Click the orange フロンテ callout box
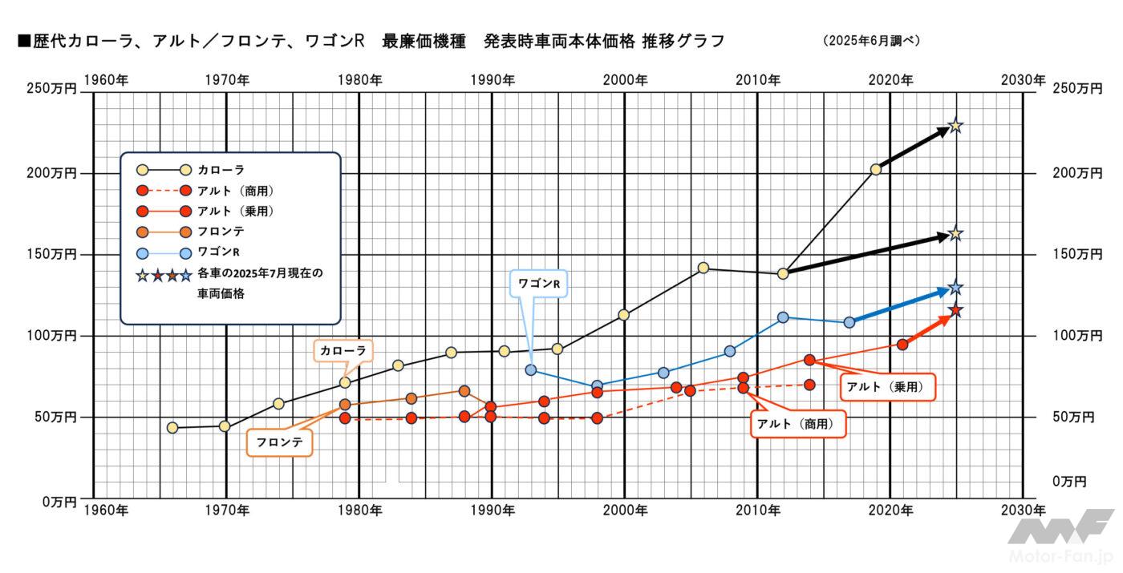pyautogui.click(x=278, y=442)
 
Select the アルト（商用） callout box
pyautogui.click(x=798, y=423)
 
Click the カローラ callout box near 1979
pyautogui.click(x=343, y=350)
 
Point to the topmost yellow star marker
pyautogui.click(x=955, y=126)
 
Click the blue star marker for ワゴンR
pyautogui.click(x=955, y=288)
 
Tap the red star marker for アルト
pyautogui.click(x=955, y=311)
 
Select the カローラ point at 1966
pyautogui.click(x=172, y=428)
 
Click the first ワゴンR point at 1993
pyautogui.click(x=531, y=370)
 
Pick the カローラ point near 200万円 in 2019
pyautogui.click(x=876, y=169)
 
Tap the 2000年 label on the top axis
pyautogui.click(x=625, y=79)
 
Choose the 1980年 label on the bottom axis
pyautogui.click(x=359, y=510)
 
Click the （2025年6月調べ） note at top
pyautogui.click(x=871, y=41)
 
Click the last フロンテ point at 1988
pyautogui.click(x=464, y=391)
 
